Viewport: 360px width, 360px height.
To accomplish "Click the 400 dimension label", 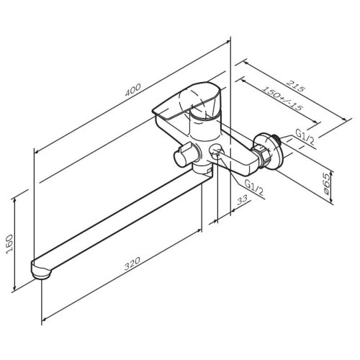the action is click(133, 90).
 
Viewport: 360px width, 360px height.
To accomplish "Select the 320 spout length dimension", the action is click(132, 264).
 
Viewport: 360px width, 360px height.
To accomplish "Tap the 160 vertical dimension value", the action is click(9, 244).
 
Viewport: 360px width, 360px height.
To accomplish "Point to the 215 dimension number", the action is click(296, 86).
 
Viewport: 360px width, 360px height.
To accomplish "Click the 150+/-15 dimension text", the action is click(282, 98).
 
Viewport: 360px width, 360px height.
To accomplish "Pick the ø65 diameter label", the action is click(327, 186).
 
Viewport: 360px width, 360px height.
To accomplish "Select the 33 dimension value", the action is click(243, 199).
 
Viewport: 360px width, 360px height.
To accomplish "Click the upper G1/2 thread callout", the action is click(305, 137).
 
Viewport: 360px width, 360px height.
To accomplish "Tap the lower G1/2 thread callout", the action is click(253, 187).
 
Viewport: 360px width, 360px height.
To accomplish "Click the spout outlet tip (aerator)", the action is click(41, 271).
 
